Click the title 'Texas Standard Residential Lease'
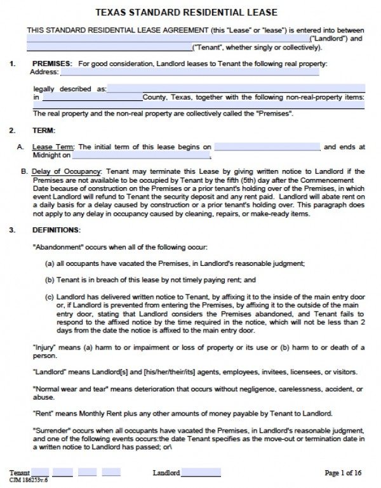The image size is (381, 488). (x=190, y=12)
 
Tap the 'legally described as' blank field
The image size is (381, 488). (x=236, y=89)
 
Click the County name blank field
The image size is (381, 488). (x=92, y=98)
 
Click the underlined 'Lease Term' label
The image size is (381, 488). (x=53, y=147)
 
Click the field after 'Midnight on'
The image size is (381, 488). (x=141, y=155)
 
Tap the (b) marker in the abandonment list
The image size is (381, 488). (x=49, y=279)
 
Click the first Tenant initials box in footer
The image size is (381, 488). (x=40, y=473)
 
